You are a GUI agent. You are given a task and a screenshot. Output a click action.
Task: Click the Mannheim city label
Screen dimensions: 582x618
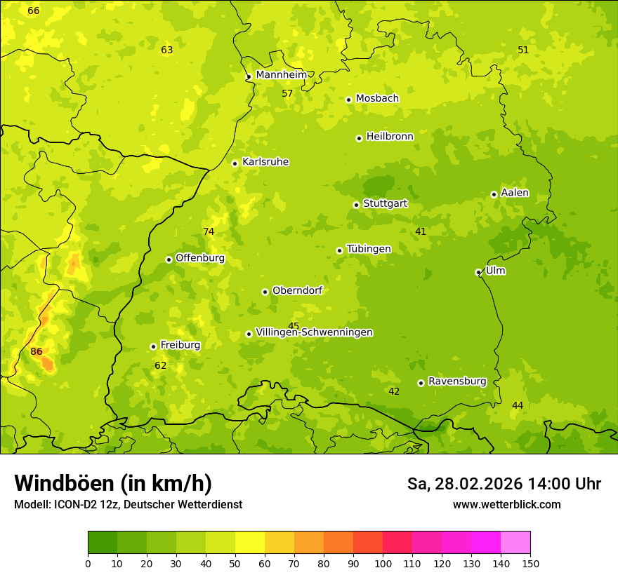pyautogui.click(x=281, y=75)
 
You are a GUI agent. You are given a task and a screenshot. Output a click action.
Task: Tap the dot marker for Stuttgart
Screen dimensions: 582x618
pyautogui.click(x=356, y=205)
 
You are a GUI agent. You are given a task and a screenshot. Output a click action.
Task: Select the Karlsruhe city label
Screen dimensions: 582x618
pyautogui.click(x=265, y=162)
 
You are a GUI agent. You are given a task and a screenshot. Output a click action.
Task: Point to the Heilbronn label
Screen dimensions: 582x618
pyautogui.click(x=390, y=137)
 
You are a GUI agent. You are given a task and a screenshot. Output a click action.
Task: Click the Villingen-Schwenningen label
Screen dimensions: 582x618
pyautogui.click(x=314, y=332)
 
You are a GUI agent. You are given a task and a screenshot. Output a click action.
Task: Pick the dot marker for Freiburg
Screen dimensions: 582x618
pyautogui.click(x=153, y=346)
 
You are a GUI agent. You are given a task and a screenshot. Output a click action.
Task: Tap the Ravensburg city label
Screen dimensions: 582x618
pyautogui.click(x=457, y=381)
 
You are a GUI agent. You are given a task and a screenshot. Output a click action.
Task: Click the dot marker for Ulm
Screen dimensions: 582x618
pyautogui.click(x=478, y=272)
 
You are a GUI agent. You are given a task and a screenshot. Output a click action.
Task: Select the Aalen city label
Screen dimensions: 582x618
pyautogui.click(x=515, y=193)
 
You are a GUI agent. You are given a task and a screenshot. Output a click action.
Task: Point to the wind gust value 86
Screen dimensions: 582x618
pyautogui.click(x=37, y=351)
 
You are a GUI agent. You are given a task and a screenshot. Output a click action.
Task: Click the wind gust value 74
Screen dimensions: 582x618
pyautogui.click(x=209, y=232)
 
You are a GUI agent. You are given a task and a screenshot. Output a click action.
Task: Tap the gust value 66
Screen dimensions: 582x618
pyautogui.click(x=34, y=11)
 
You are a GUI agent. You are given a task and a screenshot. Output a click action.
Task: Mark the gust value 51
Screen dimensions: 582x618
pyautogui.click(x=523, y=50)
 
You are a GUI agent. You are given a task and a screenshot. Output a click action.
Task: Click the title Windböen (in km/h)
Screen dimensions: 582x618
pyautogui.click(x=113, y=483)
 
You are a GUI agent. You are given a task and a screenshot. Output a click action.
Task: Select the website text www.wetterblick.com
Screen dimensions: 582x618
pyautogui.click(x=506, y=504)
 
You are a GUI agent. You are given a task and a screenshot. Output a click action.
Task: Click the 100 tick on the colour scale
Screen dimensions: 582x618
pyautogui.click(x=383, y=563)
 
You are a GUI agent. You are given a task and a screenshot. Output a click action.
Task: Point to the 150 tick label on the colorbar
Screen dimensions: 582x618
pyautogui.click(x=530, y=563)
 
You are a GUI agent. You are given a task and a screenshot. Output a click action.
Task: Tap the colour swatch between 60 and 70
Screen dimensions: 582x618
pyautogui.click(x=280, y=543)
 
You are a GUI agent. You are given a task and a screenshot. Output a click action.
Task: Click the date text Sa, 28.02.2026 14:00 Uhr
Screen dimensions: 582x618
pyautogui.click(x=504, y=484)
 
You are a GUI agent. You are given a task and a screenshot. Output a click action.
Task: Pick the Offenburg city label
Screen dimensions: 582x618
pyautogui.click(x=200, y=258)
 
